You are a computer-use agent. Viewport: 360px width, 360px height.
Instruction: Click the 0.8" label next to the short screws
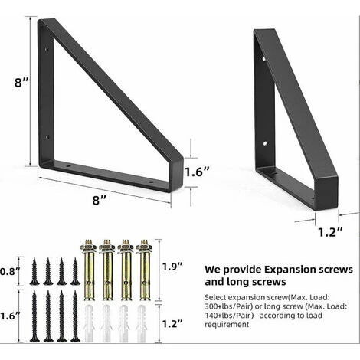(x=9, y=270)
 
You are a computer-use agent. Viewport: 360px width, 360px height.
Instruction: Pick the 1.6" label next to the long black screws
(x=9, y=314)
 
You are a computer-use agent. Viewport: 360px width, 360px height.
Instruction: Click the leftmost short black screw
(x=34, y=272)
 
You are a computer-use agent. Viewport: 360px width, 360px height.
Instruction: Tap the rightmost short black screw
(x=74, y=272)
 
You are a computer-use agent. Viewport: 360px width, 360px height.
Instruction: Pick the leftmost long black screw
(x=34, y=315)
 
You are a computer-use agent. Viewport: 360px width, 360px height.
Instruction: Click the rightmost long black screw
(x=74, y=315)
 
